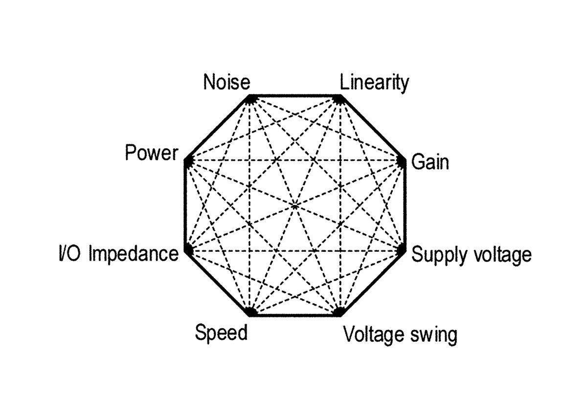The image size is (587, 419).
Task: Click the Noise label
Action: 227,82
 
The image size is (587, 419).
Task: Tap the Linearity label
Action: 374,83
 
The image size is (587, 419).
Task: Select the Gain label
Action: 430,162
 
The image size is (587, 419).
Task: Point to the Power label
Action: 151,154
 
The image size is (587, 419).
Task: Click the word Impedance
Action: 134,254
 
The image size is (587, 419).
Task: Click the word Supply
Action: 437,255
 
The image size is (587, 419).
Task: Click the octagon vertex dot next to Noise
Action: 250,99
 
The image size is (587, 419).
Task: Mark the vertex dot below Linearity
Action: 338,99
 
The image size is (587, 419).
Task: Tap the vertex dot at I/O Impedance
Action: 187,250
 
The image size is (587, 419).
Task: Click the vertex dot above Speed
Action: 250,311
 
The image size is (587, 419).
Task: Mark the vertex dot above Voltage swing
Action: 338,311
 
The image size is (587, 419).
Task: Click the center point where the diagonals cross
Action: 294,206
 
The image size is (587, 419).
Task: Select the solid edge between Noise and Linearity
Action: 294,96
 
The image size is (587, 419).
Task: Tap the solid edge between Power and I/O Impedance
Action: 185,205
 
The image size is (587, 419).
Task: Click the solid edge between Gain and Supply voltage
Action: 404,205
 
